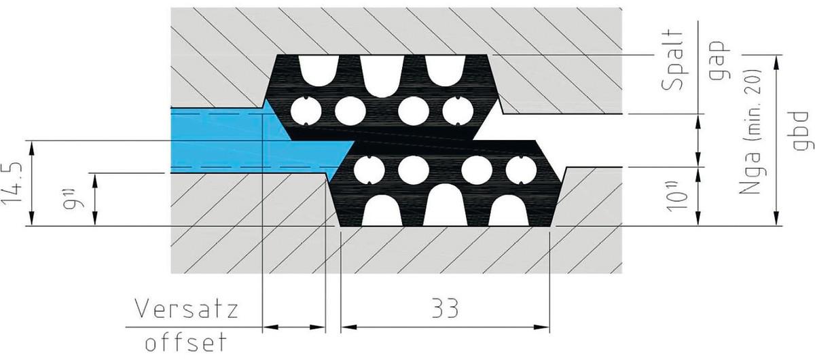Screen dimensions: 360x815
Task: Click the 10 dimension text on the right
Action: [x=679, y=197]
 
